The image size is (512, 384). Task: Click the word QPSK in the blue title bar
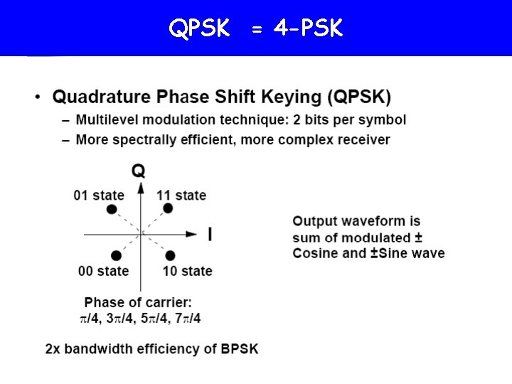pos(199,28)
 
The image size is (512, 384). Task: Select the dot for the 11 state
pos(169,208)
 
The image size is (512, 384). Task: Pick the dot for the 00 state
pos(116,255)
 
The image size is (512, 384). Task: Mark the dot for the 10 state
pos(171,255)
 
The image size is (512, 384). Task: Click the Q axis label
pos(139,171)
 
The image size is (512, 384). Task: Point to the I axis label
pos(210,234)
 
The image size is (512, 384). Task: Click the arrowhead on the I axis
pos(191,233)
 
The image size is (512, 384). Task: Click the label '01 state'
pos(99,195)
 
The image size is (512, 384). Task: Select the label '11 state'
pos(181,195)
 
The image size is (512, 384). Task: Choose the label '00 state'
pos(104,271)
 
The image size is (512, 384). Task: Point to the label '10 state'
pos(187,271)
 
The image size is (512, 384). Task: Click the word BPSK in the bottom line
pos(240,349)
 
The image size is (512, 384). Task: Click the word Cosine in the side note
pos(315,253)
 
